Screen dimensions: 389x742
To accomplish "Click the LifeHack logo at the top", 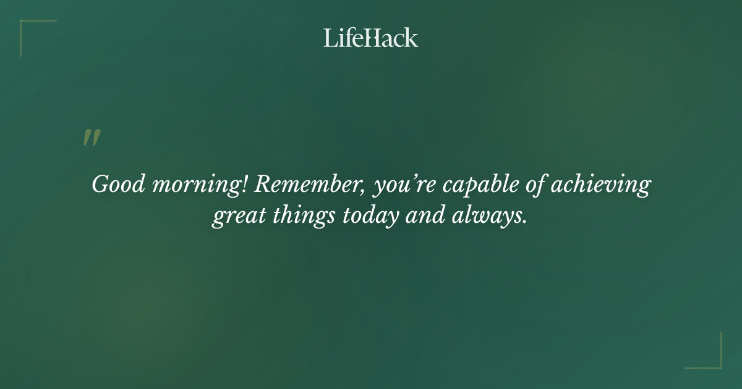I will (x=371, y=38).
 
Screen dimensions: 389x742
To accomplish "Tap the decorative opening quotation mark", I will (x=92, y=138).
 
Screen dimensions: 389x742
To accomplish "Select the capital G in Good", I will (x=100, y=185).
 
